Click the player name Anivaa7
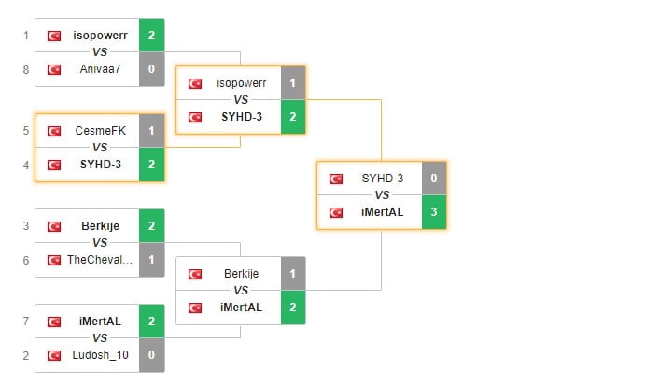coord(100,68)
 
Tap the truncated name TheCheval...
coord(100,259)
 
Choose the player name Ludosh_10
coord(100,354)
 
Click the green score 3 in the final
coord(434,211)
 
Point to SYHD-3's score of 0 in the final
coord(434,178)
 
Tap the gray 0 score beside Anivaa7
coord(152,68)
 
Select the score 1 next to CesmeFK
coord(152,130)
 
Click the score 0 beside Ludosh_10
coord(152,354)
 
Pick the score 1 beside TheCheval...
coord(152,259)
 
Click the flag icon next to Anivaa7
coord(54,68)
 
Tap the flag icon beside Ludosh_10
coord(54,354)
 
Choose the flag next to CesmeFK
coord(54,130)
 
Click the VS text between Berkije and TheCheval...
coord(100,242)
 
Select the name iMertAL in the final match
coord(383,211)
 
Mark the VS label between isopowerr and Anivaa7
coord(100,51)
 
